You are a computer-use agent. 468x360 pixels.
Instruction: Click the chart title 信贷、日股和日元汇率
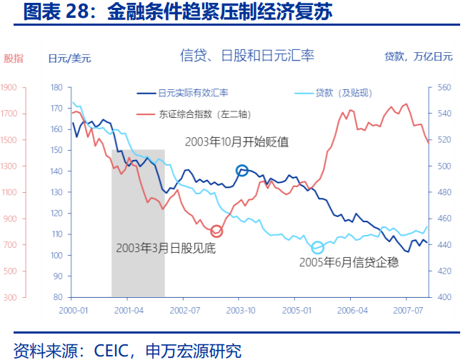(247, 55)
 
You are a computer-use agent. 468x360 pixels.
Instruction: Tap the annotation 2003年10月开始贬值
(237, 141)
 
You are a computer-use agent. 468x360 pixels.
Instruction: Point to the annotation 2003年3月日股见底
(166, 249)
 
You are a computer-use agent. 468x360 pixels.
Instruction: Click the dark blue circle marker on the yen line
(242, 171)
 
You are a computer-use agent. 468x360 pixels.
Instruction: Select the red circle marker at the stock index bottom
(216, 231)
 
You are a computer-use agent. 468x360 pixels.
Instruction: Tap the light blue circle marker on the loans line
(318, 247)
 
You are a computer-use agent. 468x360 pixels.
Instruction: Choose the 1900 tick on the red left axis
(9, 88)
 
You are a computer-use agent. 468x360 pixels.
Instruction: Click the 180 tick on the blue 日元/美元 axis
(57, 88)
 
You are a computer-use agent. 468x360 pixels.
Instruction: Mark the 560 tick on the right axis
(444, 88)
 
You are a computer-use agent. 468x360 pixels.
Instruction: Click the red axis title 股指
(13, 58)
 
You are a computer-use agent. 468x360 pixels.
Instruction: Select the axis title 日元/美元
(69, 58)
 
